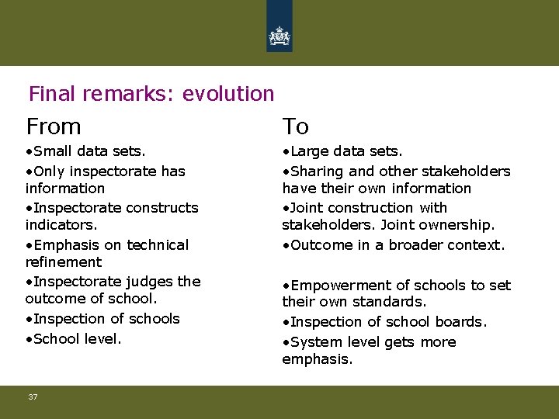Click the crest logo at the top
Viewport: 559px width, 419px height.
click(279, 36)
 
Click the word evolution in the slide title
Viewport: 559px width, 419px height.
click(228, 94)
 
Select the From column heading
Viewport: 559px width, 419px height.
click(54, 126)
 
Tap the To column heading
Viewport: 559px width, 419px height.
click(296, 126)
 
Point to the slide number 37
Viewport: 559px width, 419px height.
click(33, 397)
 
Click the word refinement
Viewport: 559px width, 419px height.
click(63, 262)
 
